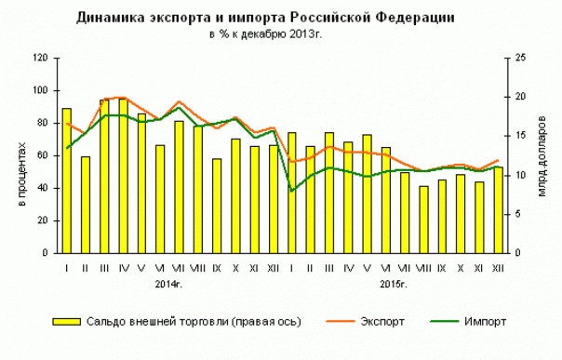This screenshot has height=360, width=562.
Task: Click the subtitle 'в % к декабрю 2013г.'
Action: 270,35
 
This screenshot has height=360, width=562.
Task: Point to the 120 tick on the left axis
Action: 40,58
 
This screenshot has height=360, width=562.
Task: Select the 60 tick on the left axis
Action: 43,155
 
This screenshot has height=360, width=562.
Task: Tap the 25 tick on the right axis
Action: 520,58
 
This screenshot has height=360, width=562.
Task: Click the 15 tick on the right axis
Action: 520,136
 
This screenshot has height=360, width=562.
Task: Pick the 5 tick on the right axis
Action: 517,214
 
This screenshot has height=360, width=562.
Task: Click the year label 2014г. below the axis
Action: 168,280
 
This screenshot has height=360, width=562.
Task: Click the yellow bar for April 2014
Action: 123,176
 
